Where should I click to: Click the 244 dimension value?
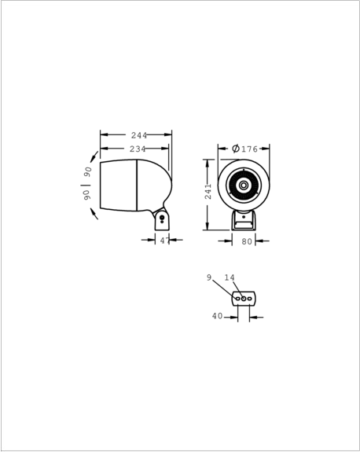click(x=139, y=135)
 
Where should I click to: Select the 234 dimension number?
click(x=138, y=149)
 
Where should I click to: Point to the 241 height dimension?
click(x=208, y=191)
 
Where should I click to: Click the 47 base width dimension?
click(x=165, y=241)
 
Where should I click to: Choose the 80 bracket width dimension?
click(x=247, y=241)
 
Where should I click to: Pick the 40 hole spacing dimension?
click(x=218, y=316)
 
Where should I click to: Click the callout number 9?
click(x=209, y=277)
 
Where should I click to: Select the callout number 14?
click(x=230, y=277)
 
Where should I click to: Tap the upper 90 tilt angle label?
click(x=87, y=172)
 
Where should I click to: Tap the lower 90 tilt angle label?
click(x=87, y=195)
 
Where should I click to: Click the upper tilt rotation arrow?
click(x=94, y=156)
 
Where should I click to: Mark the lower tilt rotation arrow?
click(x=94, y=214)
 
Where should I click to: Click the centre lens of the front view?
click(x=244, y=185)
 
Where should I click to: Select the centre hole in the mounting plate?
click(x=244, y=299)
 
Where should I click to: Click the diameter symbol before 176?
click(x=236, y=149)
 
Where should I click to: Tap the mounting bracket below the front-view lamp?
click(x=244, y=221)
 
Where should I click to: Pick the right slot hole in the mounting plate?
click(x=250, y=299)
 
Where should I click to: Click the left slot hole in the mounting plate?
click(x=238, y=299)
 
